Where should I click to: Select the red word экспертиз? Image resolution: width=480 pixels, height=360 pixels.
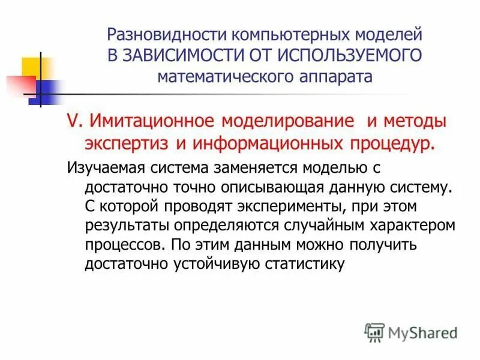[127, 143]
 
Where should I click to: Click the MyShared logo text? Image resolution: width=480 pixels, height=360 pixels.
[422, 332]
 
